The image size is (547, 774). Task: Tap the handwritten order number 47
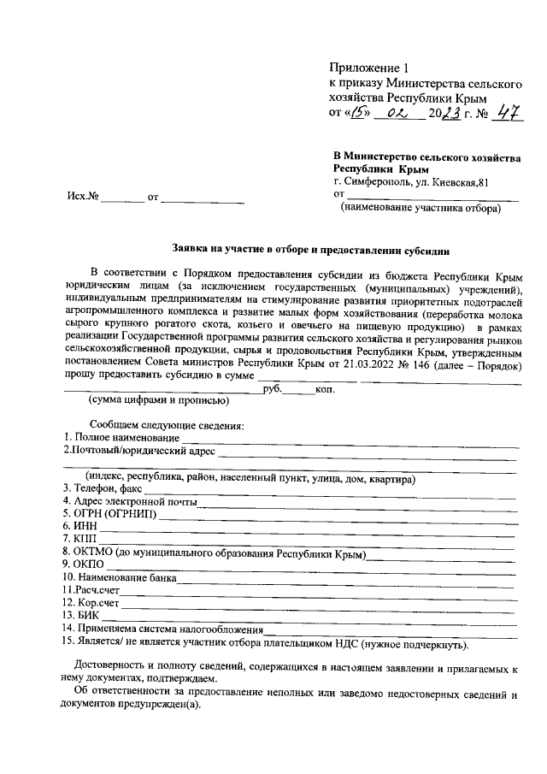(x=509, y=114)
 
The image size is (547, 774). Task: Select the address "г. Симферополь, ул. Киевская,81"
(x=411, y=181)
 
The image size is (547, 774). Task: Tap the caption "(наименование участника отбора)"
(x=421, y=208)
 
